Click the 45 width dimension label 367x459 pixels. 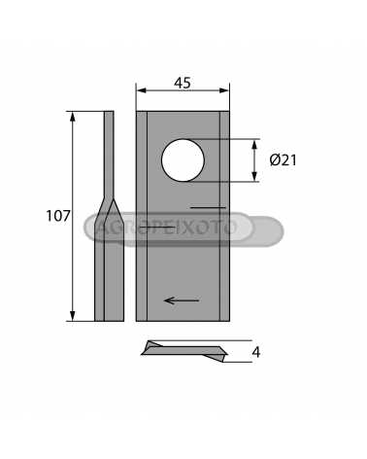click(183, 84)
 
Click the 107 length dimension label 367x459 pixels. click(58, 216)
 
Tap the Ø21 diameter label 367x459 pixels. click(284, 160)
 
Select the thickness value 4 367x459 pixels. click(256, 352)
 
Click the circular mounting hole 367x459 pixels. click(183, 160)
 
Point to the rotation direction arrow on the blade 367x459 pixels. click(182, 300)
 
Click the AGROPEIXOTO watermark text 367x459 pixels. click(167, 228)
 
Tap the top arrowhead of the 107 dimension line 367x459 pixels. click(73, 117)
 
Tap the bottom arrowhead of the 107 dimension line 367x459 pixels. click(73, 316)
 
